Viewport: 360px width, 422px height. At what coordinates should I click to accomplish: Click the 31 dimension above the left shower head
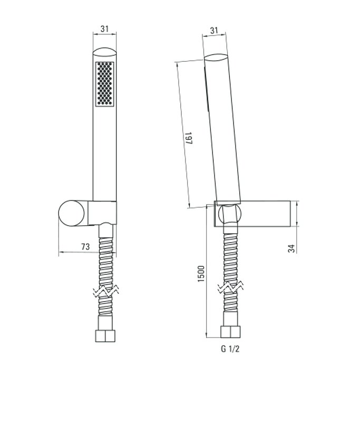pos(104,28)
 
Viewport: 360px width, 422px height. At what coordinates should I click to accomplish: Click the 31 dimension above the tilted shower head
pos(214,30)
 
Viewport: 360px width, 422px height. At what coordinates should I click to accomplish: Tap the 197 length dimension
pos(189,138)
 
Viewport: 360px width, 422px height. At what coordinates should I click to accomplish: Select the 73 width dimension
pos(85,246)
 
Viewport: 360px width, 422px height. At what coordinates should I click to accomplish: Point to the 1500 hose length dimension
pos(201,274)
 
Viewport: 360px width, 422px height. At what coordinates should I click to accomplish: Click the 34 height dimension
pos(291,248)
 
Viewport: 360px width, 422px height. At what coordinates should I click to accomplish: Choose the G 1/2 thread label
pos(230,349)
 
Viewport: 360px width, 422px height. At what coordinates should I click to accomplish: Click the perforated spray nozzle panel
pos(104,84)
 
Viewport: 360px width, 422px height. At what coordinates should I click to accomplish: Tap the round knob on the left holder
pos(71,213)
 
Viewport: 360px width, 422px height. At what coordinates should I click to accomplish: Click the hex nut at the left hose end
pos(105,336)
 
